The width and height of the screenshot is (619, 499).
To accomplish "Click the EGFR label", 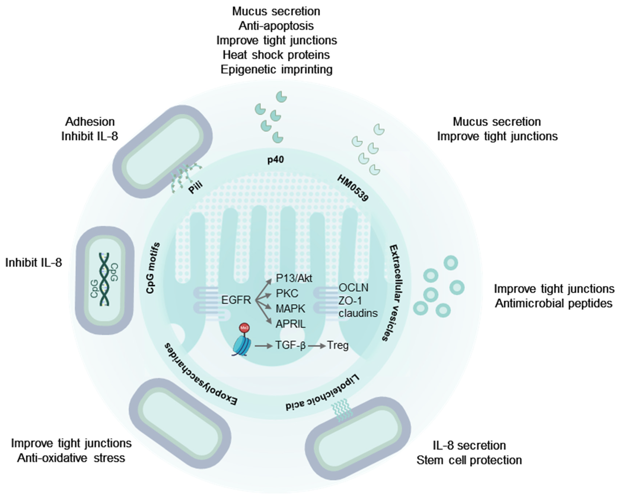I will (236, 300).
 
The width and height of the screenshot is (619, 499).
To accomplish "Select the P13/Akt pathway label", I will (294, 278).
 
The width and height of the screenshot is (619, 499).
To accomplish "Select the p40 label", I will (275, 160).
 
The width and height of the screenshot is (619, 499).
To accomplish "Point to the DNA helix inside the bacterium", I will (104, 279).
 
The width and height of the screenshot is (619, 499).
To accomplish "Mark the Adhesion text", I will (90, 122).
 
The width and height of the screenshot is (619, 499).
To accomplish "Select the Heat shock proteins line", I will (276, 55).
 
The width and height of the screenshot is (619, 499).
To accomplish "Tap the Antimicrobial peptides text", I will (553, 303).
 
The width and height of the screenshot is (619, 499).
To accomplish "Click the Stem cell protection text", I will (469, 460).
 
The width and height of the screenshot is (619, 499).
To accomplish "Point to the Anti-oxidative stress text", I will (71, 458).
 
